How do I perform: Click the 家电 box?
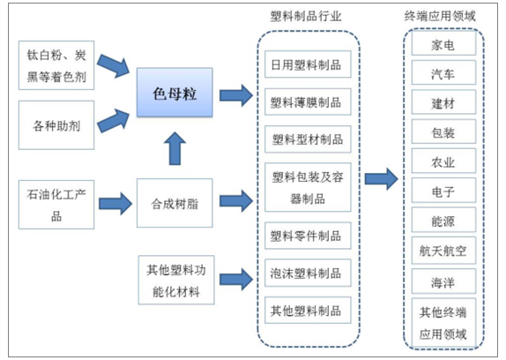443,42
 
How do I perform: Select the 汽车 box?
443,72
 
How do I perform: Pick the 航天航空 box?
443,251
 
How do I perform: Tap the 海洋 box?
443,281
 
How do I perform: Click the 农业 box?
443,161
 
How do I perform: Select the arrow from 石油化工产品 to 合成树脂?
115,204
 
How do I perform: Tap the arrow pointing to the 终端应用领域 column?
381,178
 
